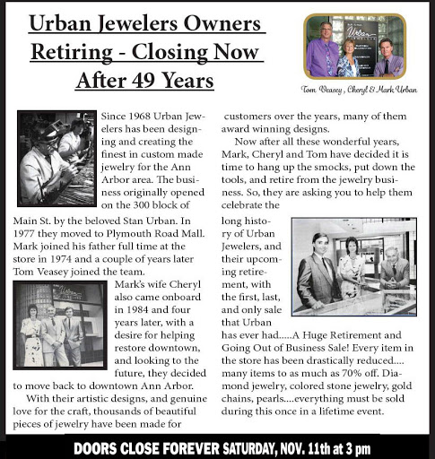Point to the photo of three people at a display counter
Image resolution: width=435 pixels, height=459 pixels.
click(x=353, y=266)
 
